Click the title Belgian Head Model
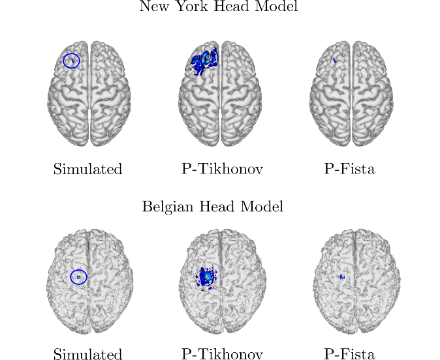[x=213, y=207]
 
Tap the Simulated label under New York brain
[x=87, y=169]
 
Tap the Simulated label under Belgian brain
[x=87, y=354]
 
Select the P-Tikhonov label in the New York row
[x=222, y=169]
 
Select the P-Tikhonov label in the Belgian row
[x=222, y=354]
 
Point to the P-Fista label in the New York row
[x=349, y=169]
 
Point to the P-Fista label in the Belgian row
[x=349, y=354]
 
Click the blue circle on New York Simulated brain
[x=71, y=61]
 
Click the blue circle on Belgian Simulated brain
[x=78, y=277]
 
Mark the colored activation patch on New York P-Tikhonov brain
[x=204, y=60]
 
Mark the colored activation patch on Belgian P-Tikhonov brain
[x=207, y=278]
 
